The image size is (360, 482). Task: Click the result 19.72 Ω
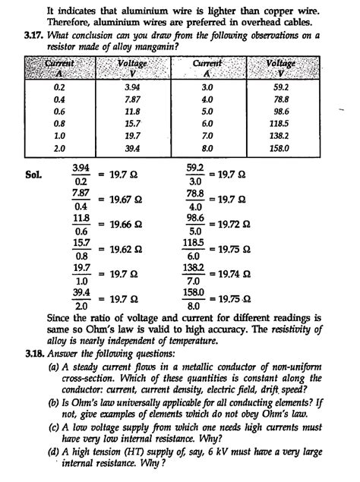pos(231,225)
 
